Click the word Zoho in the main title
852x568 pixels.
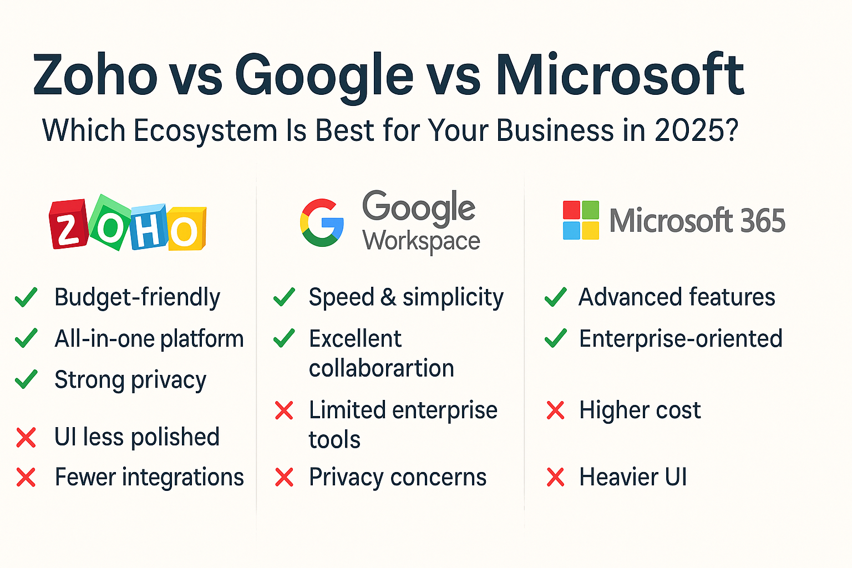[x=95, y=75]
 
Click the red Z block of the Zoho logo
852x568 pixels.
[x=68, y=224]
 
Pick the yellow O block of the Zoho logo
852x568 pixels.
[x=187, y=229]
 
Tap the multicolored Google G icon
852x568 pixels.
[x=322, y=222]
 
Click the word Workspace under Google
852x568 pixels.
[x=421, y=242]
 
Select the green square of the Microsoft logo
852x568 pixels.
[x=591, y=210]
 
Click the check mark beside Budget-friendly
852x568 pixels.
[x=26, y=297]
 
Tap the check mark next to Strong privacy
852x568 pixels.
[x=26, y=379]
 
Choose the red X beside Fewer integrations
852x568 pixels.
[x=26, y=477]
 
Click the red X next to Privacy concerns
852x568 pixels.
[x=284, y=477]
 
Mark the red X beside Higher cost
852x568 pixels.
[x=555, y=410]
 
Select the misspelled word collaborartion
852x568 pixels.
[x=382, y=368]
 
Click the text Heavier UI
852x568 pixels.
[x=633, y=476]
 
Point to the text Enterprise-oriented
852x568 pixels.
[x=681, y=338]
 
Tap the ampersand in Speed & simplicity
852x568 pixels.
[x=388, y=297]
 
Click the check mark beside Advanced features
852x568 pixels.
[x=556, y=297]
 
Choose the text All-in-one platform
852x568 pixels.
[x=149, y=338]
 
